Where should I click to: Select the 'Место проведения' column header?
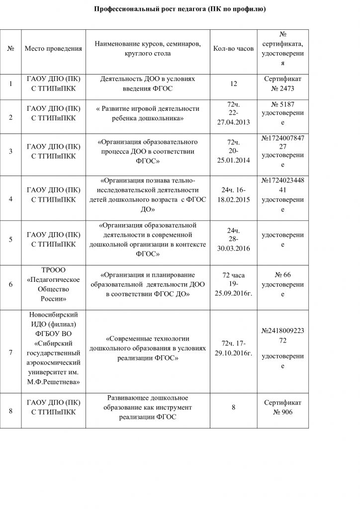(53, 49)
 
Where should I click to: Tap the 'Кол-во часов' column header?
(233, 49)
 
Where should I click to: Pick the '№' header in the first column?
(11, 49)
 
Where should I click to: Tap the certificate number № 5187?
(282, 105)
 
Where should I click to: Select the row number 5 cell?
(11, 239)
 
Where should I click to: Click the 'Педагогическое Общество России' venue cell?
(53, 285)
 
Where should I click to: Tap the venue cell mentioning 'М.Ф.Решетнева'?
(53, 352)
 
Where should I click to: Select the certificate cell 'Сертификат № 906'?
(282, 407)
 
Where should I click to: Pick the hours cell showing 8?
(233, 408)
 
